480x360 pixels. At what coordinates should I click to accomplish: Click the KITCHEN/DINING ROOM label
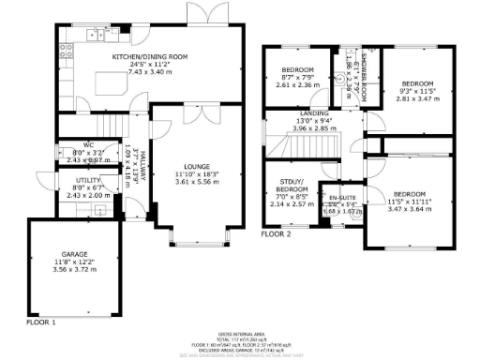150,56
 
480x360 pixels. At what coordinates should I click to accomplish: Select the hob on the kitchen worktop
97,35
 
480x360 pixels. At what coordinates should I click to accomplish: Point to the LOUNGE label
197,167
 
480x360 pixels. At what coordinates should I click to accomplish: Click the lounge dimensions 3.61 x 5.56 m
197,183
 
